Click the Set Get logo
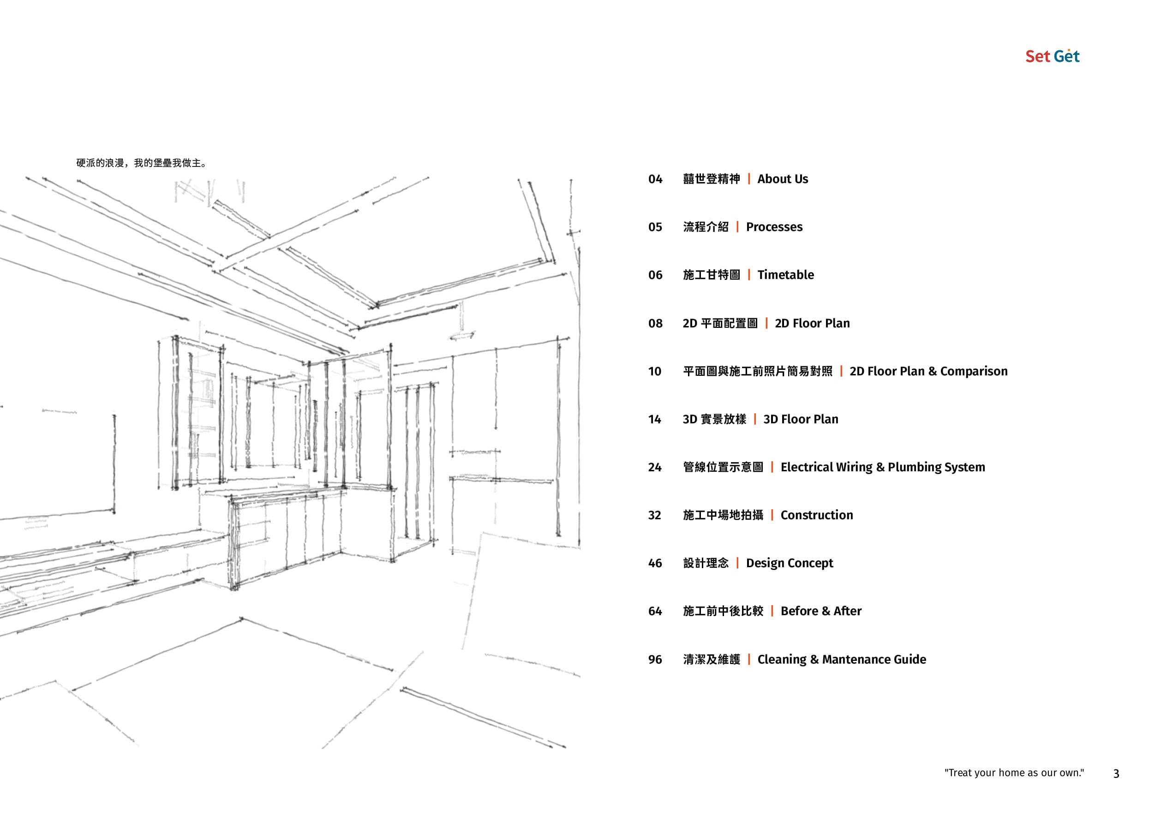point(1052,56)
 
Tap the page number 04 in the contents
point(655,179)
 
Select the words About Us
point(782,179)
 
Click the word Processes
point(774,227)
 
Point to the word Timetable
point(785,275)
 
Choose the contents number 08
point(655,323)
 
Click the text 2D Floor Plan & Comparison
point(928,371)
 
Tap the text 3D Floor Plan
point(801,419)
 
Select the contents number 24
point(655,467)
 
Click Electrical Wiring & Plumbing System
point(882,467)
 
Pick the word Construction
point(817,515)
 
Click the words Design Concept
point(790,564)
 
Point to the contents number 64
point(655,611)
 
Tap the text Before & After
point(821,611)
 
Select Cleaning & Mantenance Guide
point(842,659)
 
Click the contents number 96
point(655,659)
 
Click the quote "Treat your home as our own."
point(1014,773)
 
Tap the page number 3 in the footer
point(1116,774)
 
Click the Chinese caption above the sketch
point(141,163)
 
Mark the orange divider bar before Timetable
point(749,275)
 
